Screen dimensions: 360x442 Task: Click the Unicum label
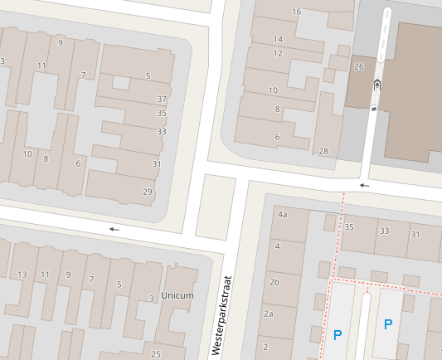pyautogui.click(x=177, y=295)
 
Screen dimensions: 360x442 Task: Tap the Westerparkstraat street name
pyautogui.click(x=219, y=316)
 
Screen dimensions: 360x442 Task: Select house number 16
pyautogui.click(x=297, y=12)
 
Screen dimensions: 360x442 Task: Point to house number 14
pyautogui.click(x=278, y=39)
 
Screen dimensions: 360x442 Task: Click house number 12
pyautogui.click(x=278, y=53)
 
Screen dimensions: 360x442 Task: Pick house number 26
pyautogui.click(x=358, y=66)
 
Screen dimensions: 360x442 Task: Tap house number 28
pyautogui.click(x=323, y=151)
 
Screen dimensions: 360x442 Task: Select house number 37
pyautogui.click(x=162, y=99)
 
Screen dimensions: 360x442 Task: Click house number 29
pyautogui.click(x=148, y=192)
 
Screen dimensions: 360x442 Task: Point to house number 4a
pyautogui.click(x=282, y=214)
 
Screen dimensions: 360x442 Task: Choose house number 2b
pyautogui.click(x=274, y=281)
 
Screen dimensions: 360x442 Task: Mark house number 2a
pyautogui.click(x=268, y=314)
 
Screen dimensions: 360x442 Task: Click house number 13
pyautogui.click(x=22, y=275)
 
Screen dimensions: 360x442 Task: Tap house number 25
pyautogui.click(x=153, y=344)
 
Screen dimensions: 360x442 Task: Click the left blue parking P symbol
pyautogui.click(x=338, y=335)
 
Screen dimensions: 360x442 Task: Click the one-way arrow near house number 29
pyautogui.click(x=114, y=229)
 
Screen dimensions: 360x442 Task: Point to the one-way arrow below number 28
pyautogui.click(x=364, y=186)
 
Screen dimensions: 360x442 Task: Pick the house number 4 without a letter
pyautogui.click(x=277, y=246)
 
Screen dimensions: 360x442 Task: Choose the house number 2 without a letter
pyautogui.click(x=265, y=346)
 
